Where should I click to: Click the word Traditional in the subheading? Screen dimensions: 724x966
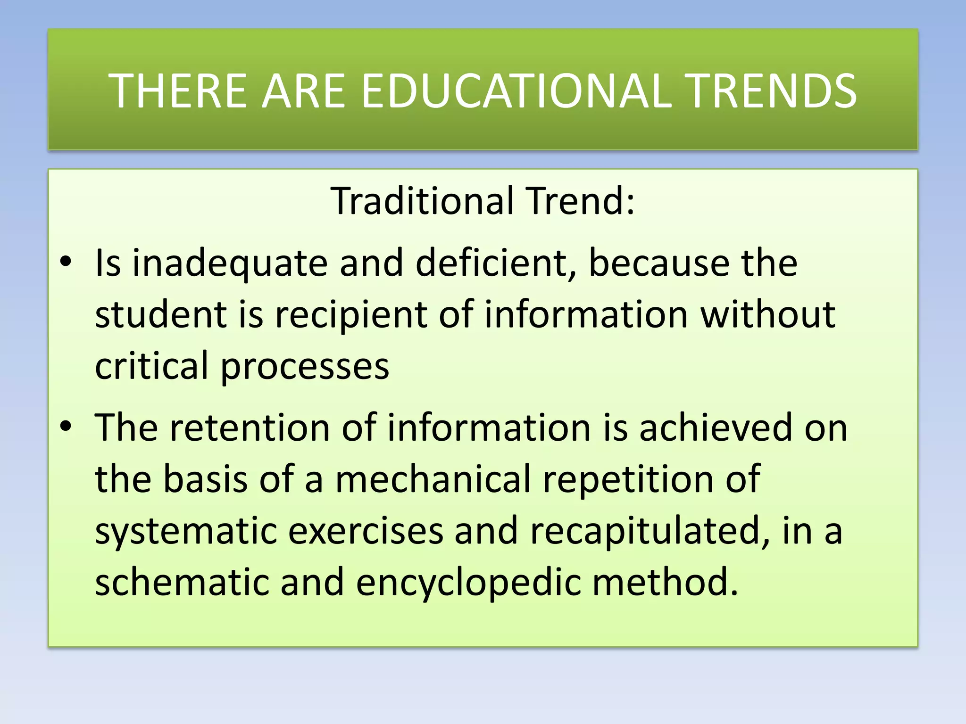pos(422,201)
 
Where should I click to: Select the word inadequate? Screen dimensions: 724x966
pos(230,264)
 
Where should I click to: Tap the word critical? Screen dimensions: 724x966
pos(151,366)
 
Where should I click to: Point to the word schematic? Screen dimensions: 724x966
pos(182,582)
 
